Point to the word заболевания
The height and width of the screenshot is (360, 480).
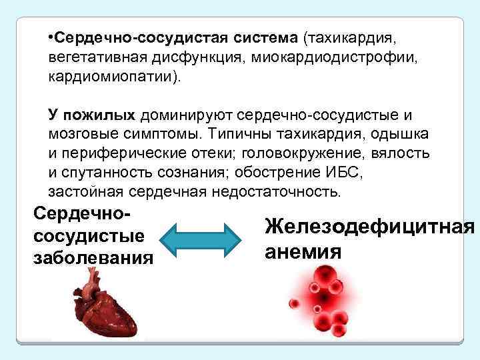pos(93,257)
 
